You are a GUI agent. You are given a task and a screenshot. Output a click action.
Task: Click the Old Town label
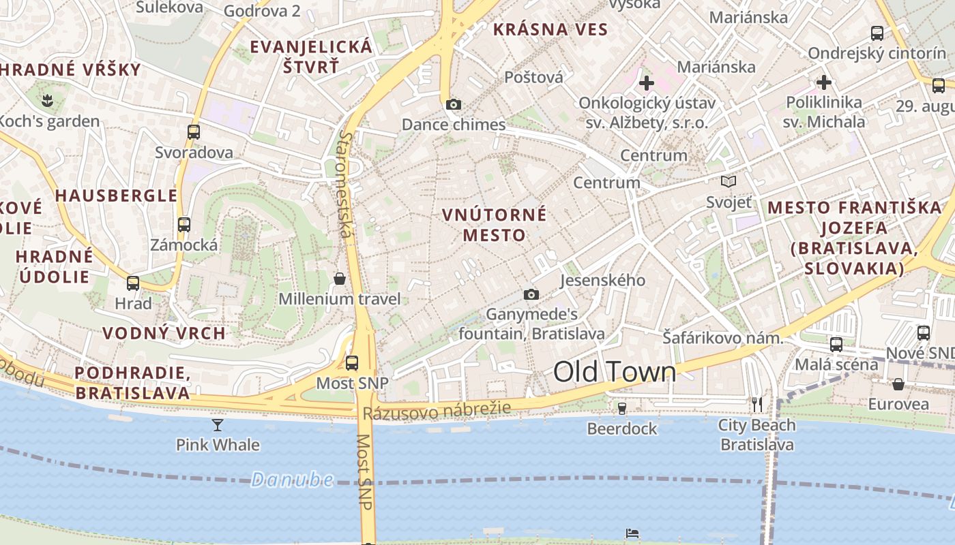[x=615, y=372]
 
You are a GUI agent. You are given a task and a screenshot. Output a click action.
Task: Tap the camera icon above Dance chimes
[x=454, y=104]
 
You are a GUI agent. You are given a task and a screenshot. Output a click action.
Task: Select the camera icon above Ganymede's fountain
[x=531, y=294]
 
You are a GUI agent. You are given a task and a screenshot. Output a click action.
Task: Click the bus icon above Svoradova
[x=194, y=132]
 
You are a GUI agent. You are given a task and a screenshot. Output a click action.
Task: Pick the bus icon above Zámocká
[x=184, y=225]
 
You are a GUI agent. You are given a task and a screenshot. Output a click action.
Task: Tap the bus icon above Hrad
[x=133, y=283]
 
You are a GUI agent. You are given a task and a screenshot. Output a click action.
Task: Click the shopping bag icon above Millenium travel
[x=340, y=279]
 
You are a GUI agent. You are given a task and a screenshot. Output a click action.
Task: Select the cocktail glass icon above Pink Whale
[x=218, y=425]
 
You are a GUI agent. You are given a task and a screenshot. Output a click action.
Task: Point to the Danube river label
[x=292, y=480]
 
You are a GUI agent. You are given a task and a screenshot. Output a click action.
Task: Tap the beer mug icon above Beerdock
[x=622, y=409]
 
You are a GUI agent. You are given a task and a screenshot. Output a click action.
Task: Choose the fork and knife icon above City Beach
[x=757, y=405]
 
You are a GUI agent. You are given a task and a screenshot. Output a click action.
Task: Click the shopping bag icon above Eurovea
[x=898, y=384]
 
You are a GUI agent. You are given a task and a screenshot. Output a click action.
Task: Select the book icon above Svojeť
[x=729, y=182]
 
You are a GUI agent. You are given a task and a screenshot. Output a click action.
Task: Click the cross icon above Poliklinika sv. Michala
[x=824, y=83]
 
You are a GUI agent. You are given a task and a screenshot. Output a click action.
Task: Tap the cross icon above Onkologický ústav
[x=647, y=84]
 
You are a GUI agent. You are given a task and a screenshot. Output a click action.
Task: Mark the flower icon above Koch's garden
[x=47, y=102]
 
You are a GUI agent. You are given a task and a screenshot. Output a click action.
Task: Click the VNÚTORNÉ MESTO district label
[x=495, y=225]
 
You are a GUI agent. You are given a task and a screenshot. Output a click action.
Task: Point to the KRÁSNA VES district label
[x=550, y=29]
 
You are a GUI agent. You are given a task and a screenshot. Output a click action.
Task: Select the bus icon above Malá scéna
[x=836, y=344]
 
